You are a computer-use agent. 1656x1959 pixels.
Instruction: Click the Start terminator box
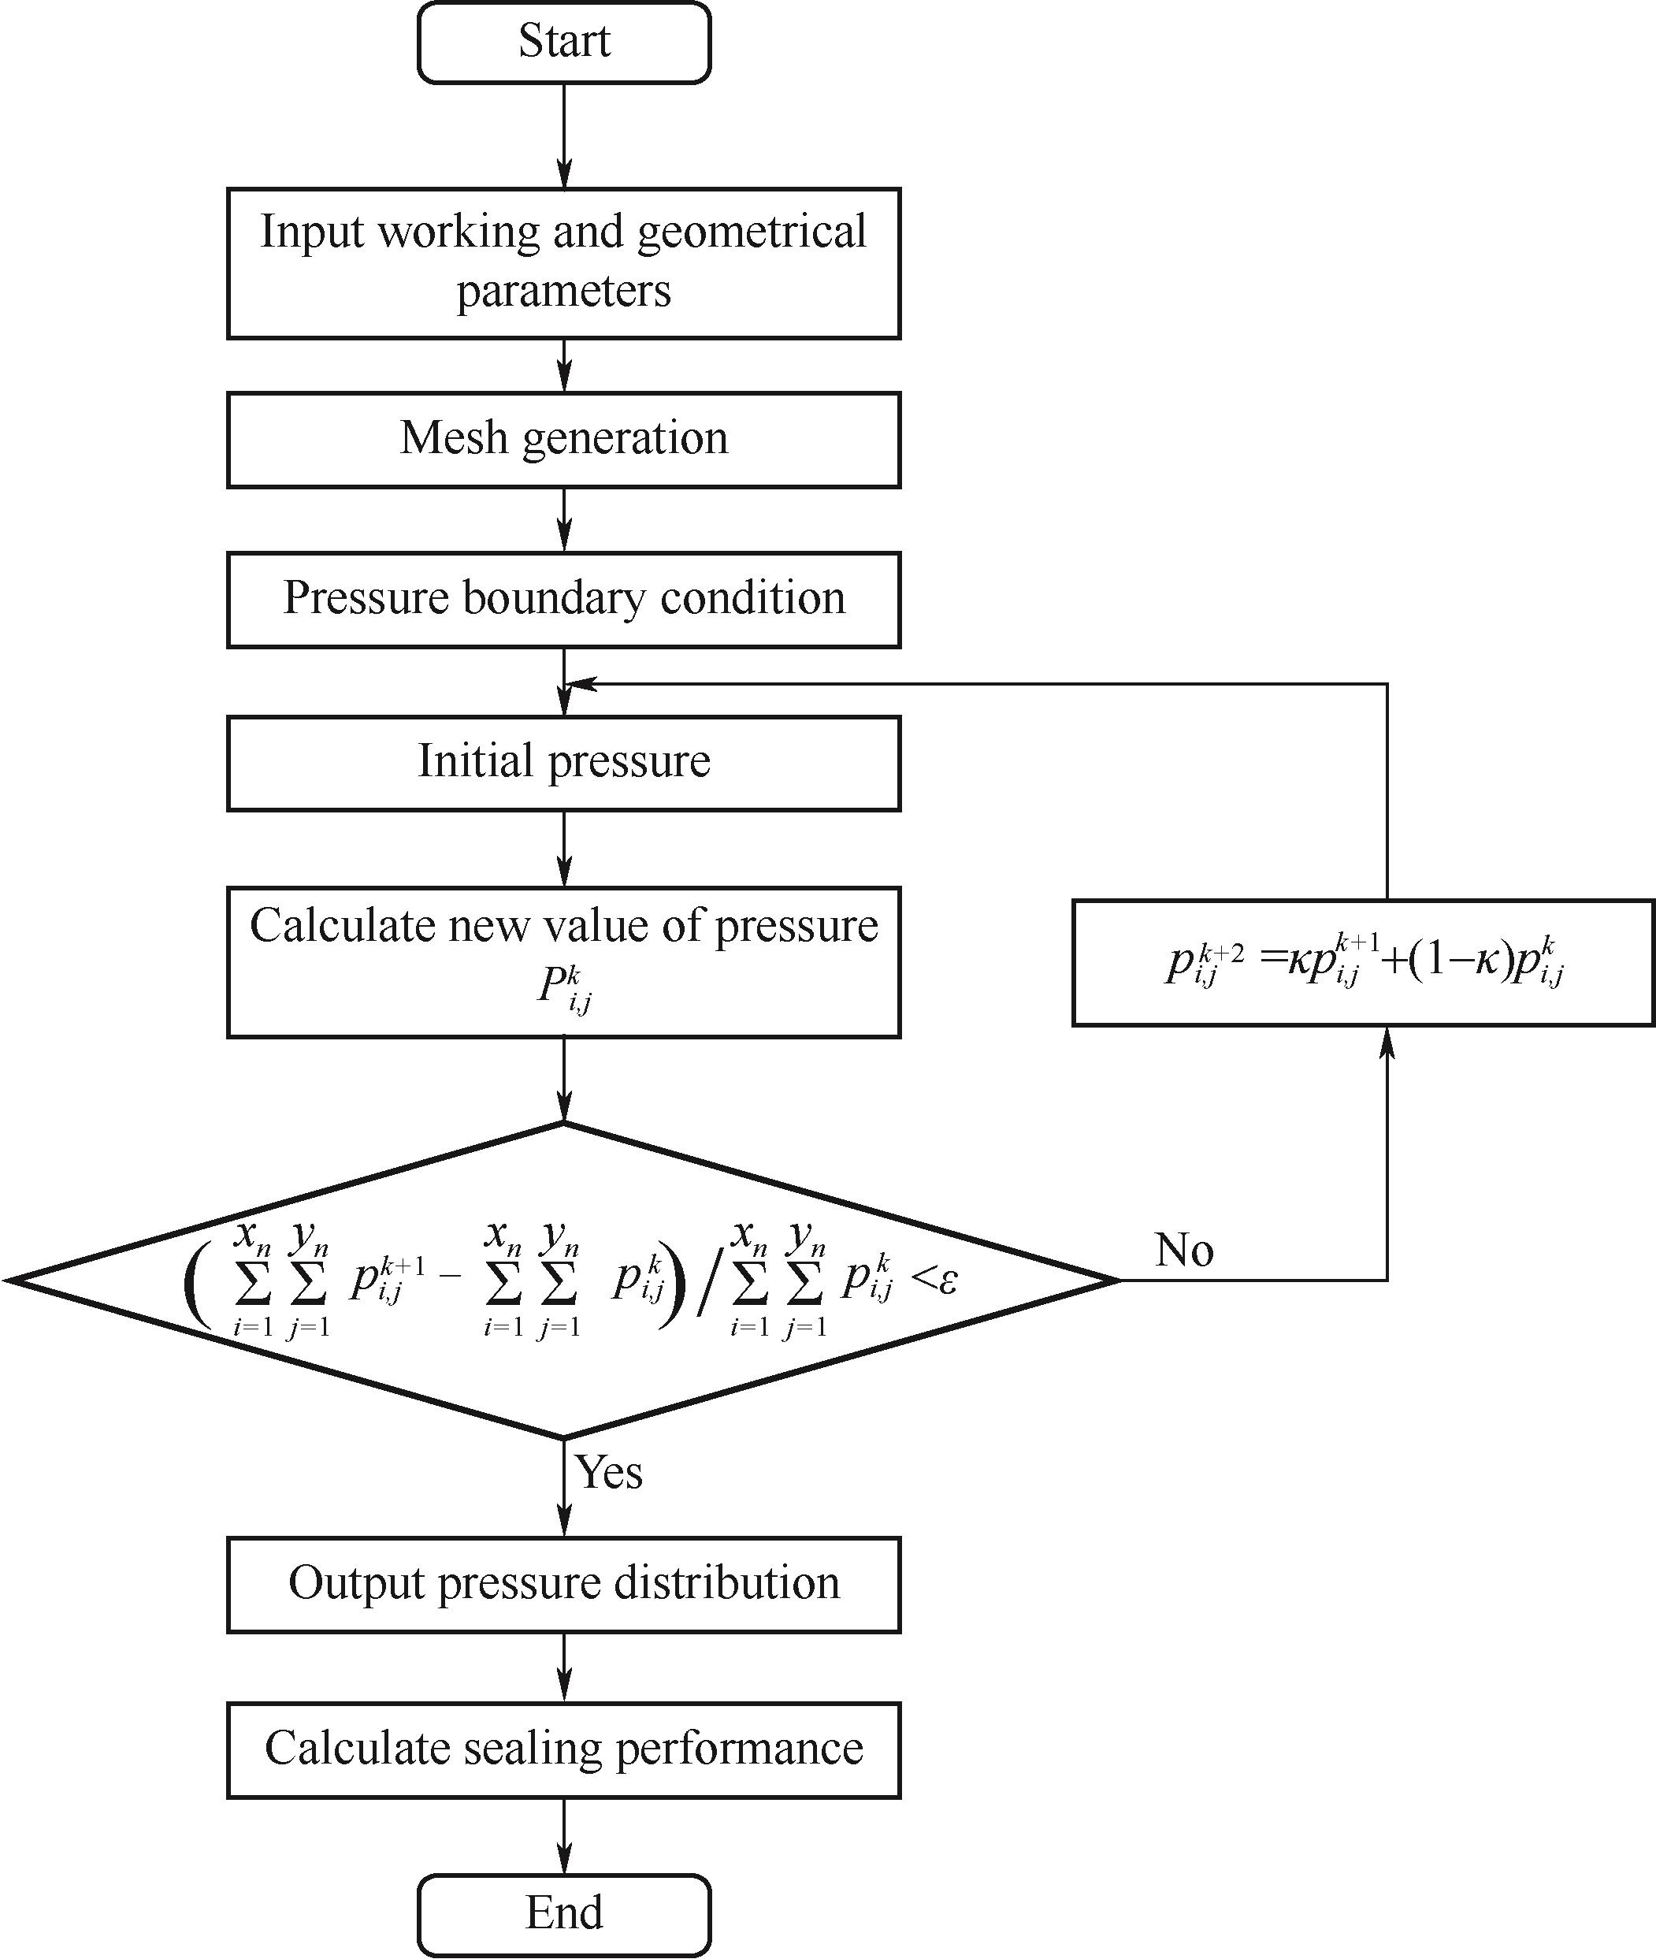tap(563, 43)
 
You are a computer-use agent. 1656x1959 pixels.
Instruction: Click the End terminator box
tap(563, 1912)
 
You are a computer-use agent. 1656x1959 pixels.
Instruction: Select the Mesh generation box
tap(563, 440)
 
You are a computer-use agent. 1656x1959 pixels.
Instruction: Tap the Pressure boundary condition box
tap(563, 599)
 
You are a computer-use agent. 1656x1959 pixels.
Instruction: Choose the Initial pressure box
tap(563, 763)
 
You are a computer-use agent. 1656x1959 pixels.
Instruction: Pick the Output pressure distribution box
tap(563, 1583)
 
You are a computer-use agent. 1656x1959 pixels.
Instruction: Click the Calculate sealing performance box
tap(563, 1749)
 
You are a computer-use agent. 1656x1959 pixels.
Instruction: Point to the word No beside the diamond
tap(1184, 1250)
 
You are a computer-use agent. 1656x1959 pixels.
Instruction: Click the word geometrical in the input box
tap(751, 232)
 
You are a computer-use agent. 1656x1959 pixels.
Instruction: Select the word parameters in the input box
tap(563, 291)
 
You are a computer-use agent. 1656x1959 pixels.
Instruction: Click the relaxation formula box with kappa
tap(1363, 963)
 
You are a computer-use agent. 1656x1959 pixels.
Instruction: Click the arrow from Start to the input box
tap(563, 136)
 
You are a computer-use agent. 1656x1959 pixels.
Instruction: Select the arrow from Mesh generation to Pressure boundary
tap(563, 519)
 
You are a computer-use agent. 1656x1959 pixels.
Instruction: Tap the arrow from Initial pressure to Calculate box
tap(563, 848)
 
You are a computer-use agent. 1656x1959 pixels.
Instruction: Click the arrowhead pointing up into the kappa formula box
tap(1387, 1043)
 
